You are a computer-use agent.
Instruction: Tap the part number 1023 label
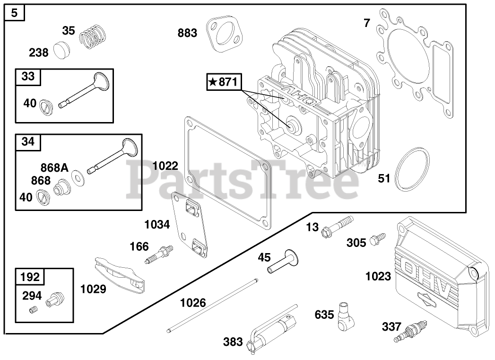click(378, 276)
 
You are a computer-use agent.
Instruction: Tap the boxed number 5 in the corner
click(15, 13)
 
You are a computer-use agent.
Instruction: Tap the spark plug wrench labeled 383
click(272, 334)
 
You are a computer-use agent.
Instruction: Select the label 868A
click(53, 167)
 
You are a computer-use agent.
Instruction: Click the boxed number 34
click(28, 141)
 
